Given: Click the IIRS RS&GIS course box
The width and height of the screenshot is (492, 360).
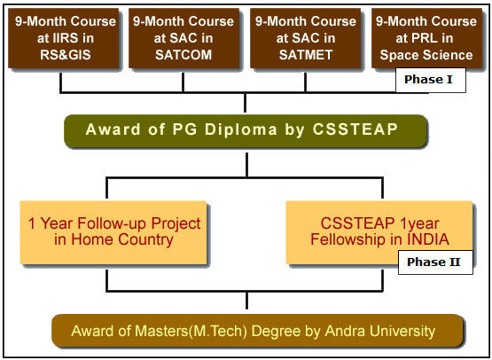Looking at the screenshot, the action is pyautogui.click(x=63, y=38).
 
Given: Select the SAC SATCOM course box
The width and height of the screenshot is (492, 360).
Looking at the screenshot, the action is pyautogui.click(x=184, y=38).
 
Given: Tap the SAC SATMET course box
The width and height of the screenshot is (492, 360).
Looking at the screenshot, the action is pyautogui.click(x=305, y=38).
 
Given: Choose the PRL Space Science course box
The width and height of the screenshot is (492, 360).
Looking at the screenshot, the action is pyautogui.click(x=426, y=38).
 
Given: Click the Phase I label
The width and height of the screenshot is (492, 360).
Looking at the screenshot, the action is pyautogui.click(x=431, y=80).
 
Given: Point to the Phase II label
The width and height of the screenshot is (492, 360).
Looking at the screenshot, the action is pyautogui.click(x=435, y=262).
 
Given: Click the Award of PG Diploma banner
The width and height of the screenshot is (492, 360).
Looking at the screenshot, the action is pyautogui.click(x=246, y=130).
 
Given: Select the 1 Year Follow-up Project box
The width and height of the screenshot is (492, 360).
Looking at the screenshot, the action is pyautogui.click(x=113, y=232).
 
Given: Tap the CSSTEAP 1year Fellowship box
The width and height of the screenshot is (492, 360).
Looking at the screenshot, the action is pyautogui.click(x=379, y=232).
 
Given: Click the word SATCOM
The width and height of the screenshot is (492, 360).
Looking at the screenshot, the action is pyautogui.click(x=184, y=55).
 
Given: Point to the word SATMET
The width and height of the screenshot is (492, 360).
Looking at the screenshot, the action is pyautogui.click(x=306, y=55).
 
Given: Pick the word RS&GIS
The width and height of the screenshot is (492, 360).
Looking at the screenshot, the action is pyautogui.click(x=66, y=55).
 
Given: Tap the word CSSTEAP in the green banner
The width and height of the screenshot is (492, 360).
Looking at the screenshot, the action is pyautogui.click(x=355, y=129).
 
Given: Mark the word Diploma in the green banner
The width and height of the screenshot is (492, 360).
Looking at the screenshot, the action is pyautogui.click(x=240, y=130).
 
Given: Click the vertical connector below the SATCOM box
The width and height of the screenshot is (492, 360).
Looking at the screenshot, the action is pyautogui.click(x=183, y=82).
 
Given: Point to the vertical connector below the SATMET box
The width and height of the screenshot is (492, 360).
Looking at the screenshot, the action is pyautogui.click(x=305, y=82).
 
